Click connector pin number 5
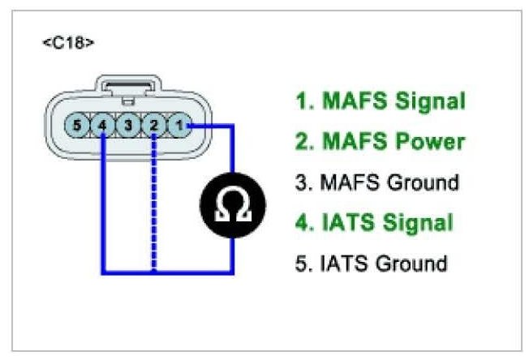tap(75, 126)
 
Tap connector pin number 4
tap(102, 126)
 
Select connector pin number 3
tap(128, 126)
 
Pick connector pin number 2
tap(155, 126)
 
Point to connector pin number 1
tap(182, 126)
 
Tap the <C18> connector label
tap(68, 41)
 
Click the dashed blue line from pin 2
tap(154, 203)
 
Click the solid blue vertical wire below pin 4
tap(102, 203)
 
